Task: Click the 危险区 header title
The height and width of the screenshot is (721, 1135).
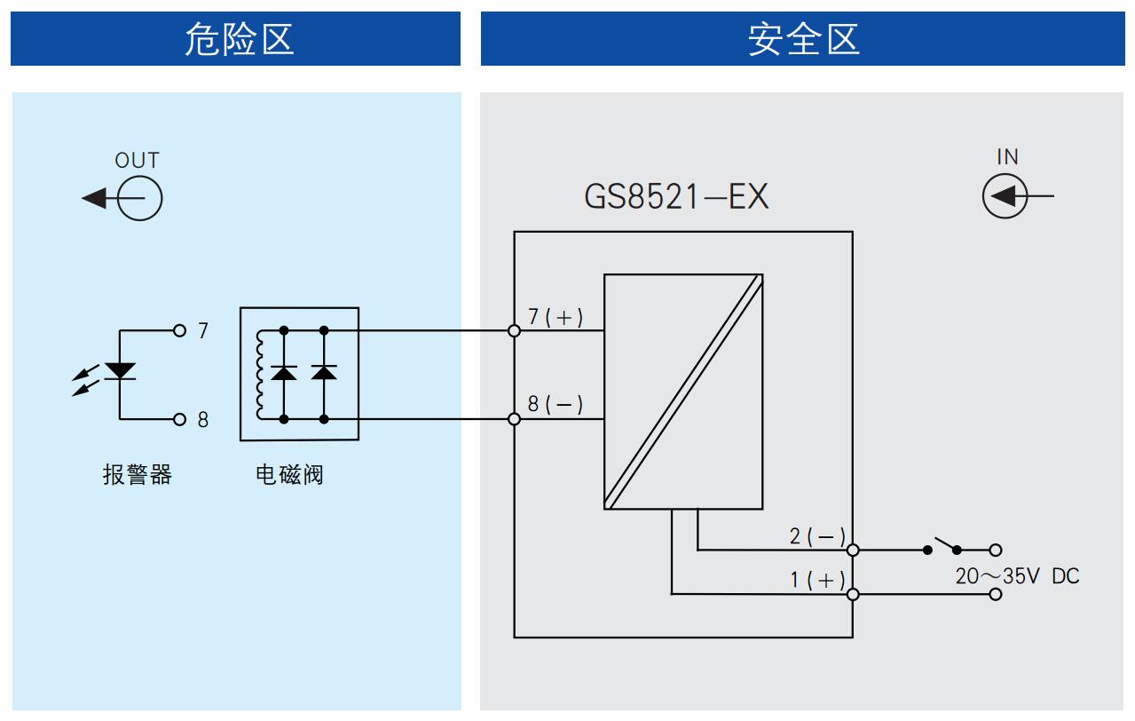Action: [x=240, y=39]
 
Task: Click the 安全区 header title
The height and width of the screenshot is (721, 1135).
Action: [x=804, y=39]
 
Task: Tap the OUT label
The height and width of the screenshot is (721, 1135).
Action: [x=137, y=160]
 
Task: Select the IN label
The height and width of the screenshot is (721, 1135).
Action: [x=1007, y=156]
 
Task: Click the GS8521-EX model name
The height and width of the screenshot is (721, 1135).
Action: [x=676, y=197]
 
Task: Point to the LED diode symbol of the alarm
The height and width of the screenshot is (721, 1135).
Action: [x=120, y=371]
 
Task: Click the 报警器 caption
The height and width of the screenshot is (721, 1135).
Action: [x=138, y=474]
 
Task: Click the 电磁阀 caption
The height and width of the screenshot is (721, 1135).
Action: [x=289, y=474]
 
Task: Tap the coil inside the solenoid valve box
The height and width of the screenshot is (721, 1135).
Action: [x=259, y=375]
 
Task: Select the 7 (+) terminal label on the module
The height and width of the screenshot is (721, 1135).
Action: [x=556, y=317]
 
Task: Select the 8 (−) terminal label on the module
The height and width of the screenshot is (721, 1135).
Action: [x=556, y=404]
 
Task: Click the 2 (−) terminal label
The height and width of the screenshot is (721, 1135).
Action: [x=817, y=536]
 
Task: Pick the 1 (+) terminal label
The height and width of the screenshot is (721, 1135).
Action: [x=817, y=580]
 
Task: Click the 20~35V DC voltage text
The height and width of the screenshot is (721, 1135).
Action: [x=1018, y=576]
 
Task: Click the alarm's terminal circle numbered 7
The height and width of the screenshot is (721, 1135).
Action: [x=179, y=330]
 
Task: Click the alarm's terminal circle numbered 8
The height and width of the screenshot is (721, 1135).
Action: [x=179, y=419]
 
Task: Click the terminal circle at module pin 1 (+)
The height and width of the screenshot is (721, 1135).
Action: [x=853, y=594]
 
